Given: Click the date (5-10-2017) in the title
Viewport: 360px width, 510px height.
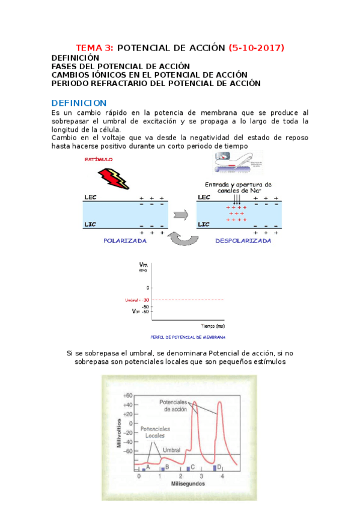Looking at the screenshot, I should point(257,48).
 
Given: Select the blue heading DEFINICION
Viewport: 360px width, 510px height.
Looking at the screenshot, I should point(79,103).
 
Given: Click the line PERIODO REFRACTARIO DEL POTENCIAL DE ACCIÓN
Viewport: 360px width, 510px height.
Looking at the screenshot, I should point(156,84).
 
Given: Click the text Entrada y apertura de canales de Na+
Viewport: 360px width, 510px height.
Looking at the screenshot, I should point(238,187).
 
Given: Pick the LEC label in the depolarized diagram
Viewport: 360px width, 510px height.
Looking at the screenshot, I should point(204,197).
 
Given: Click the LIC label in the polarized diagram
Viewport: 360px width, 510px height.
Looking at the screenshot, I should point(91,225).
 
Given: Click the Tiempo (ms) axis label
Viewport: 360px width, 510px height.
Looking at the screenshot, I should point(213,325).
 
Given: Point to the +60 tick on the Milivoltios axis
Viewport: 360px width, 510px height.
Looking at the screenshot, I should point(127,396).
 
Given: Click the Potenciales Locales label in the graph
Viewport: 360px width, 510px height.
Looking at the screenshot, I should point(157,432).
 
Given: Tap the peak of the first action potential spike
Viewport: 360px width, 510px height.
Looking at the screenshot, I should point(194,402).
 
